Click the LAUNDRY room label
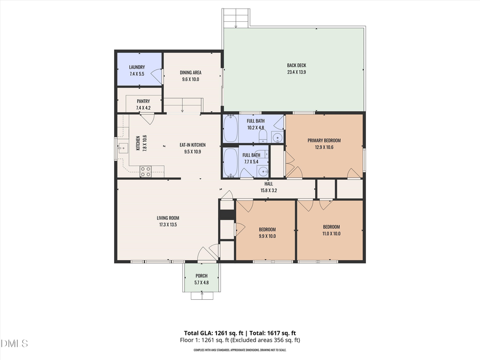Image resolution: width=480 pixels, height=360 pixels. (137, 67)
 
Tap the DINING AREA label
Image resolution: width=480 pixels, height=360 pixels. (190, 73)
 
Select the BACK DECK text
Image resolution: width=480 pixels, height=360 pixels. (297, 66)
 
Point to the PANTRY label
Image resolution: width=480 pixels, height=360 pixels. (143, 101)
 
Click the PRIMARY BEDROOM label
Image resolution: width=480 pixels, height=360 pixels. (324, 141)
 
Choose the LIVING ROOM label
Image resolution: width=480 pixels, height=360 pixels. (167, 218)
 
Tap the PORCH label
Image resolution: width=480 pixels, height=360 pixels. (201, 276)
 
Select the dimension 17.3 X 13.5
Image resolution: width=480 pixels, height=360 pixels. (167, 225)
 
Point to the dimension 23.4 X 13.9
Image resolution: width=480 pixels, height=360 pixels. (297, 72)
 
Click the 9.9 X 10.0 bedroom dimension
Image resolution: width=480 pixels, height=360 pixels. (267, 236)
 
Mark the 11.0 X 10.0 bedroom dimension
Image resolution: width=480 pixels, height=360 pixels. (331, 233)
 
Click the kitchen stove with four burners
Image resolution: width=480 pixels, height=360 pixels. (145, 171)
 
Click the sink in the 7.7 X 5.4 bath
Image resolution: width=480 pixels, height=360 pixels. (262, 171)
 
